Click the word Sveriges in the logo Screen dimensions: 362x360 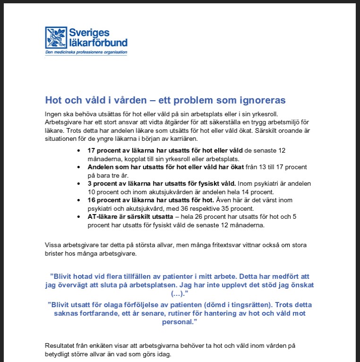(90, 33)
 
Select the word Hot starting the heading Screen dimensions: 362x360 (52, 100)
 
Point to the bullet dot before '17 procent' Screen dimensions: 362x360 (78, 150)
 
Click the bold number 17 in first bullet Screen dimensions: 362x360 (92, 150)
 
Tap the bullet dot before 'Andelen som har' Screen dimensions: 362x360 (78, 167)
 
